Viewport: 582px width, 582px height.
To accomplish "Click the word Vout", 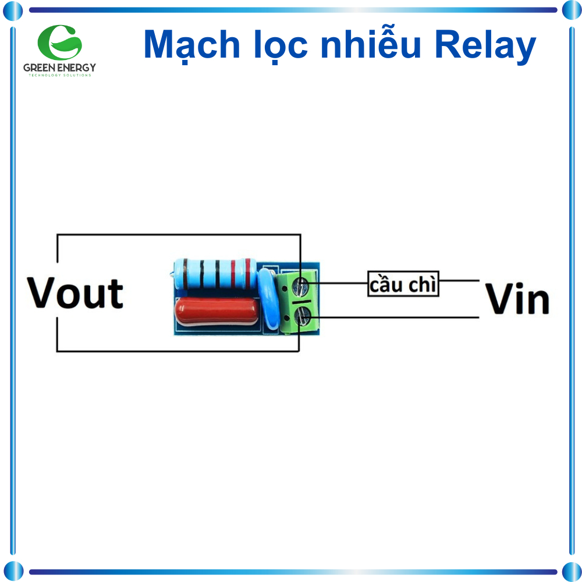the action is point(76,293).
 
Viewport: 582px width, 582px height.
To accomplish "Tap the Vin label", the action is point(517,300).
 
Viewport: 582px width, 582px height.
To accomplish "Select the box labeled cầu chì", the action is point(403,284).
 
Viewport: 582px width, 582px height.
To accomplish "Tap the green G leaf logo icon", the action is point(59,41).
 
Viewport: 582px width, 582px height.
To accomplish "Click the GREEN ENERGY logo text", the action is point(59,68).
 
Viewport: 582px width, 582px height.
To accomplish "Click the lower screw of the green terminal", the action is point(303,318).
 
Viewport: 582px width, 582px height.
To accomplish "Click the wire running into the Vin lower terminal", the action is point(396,318).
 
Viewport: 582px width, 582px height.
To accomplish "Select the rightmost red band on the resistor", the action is point(249,274).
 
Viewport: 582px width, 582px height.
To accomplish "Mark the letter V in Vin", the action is point(499,300).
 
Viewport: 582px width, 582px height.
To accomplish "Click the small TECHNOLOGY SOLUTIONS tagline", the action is point(59,76).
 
